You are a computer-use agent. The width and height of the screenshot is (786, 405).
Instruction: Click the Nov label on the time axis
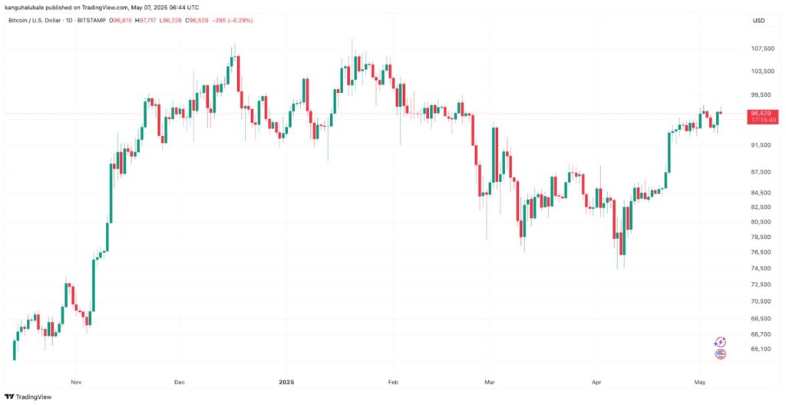point(76,381)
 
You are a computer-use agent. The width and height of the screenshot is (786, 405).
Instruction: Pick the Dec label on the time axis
point(180,381)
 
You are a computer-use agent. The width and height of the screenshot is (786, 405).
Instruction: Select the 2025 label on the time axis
point(287,381)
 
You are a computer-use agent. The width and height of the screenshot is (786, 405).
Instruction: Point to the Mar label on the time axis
point(488,381)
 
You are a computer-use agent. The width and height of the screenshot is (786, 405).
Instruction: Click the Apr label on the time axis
point(596,381)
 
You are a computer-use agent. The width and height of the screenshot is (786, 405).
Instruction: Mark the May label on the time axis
point(700,381)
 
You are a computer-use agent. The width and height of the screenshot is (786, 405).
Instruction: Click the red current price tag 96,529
point(763,113)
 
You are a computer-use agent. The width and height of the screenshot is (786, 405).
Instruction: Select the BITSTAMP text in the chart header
point(94,21)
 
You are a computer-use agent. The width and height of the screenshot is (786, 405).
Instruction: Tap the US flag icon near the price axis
point(720,354)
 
